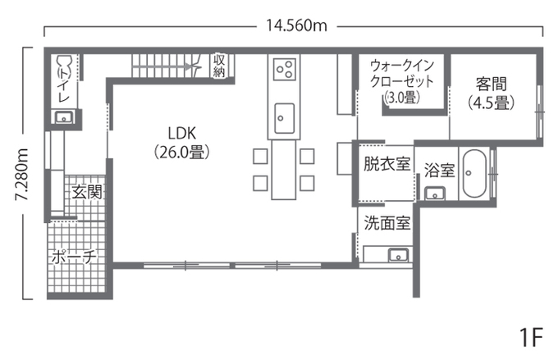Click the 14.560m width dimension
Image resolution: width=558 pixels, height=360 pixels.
(296, 25)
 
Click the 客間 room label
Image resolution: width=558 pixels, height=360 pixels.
(492, 84)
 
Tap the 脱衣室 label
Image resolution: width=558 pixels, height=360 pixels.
(386, 163)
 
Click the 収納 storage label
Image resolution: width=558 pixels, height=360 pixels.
(219, 66)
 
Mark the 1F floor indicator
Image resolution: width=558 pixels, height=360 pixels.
(532, 336)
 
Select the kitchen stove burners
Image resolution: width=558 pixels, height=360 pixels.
(284, 69)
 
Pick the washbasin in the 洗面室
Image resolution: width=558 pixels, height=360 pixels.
(399, 253)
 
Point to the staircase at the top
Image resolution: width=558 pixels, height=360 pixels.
(165, 64)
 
